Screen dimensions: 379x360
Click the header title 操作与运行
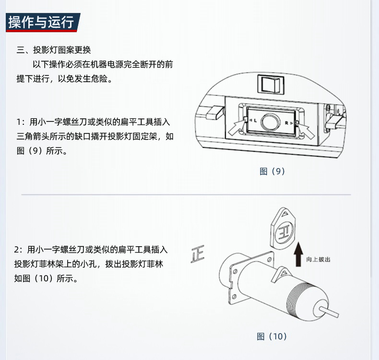tap(41, 22)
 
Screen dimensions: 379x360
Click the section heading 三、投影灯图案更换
tap(54, 50)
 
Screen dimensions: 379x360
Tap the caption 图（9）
tap(272, 171)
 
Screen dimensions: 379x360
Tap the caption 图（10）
tap(272, 336)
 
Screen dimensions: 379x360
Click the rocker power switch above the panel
tap(271, 84)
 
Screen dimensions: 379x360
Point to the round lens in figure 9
tap(271, 121)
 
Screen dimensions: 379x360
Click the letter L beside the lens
tap(255, 120)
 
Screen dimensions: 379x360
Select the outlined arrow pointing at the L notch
tap(237, 127)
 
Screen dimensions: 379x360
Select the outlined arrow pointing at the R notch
tap(306, 130)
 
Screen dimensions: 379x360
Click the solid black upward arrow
tap(298, 254)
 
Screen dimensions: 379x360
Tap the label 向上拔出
tap(318, 259)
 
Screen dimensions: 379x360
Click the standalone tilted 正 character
tap(198, 254)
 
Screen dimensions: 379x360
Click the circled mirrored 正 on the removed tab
tap(284, 232)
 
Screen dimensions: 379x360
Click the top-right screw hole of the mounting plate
tap(269, 259)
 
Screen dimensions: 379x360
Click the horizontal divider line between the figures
tap(186, 194)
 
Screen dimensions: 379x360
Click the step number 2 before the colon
tap(16, 250)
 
